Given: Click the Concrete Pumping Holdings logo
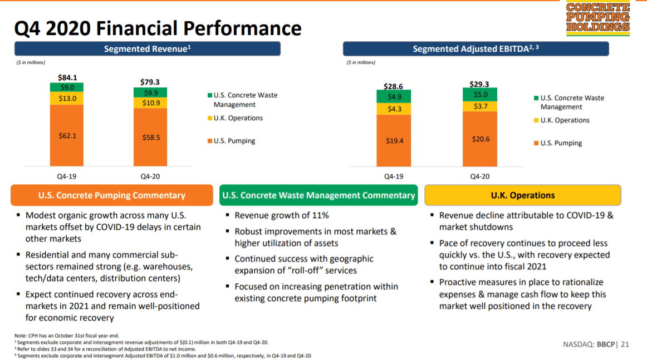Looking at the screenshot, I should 597,18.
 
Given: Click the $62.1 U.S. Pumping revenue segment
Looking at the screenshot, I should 67,135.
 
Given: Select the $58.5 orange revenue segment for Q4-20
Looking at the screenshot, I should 150,137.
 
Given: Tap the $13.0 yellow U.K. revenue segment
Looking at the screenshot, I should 67,98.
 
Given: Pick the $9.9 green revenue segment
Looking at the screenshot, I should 150,92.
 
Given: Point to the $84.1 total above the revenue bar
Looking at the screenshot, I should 67,77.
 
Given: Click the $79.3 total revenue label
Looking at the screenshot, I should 150,82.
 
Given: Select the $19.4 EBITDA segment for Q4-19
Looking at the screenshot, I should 394,141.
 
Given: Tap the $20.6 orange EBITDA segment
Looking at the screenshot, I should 480,139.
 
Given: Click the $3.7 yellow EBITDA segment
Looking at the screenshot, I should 480,106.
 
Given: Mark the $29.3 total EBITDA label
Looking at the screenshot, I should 480,84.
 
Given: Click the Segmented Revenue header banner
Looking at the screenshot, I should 147,49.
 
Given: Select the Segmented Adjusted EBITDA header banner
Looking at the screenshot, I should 476,49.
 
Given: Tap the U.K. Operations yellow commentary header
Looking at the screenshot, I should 522,195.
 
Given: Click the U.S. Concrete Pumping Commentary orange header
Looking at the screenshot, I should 112,195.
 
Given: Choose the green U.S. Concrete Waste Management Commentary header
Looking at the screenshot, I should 318,195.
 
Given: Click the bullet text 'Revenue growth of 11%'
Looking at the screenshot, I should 282,215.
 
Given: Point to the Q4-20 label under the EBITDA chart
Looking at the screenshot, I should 480,176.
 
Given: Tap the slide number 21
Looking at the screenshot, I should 625,344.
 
